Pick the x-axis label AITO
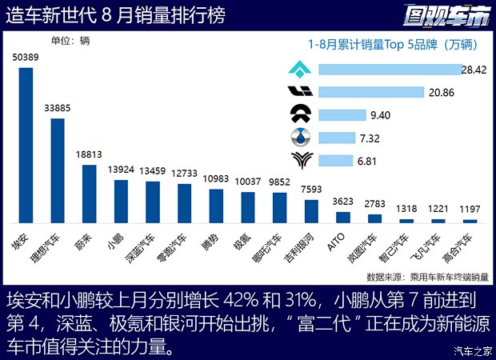336,242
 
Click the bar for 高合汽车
470,221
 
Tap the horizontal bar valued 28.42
389,70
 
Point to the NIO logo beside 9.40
301,115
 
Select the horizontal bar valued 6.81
335,161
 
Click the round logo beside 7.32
301,138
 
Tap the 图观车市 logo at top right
447,16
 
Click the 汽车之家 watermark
471,350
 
